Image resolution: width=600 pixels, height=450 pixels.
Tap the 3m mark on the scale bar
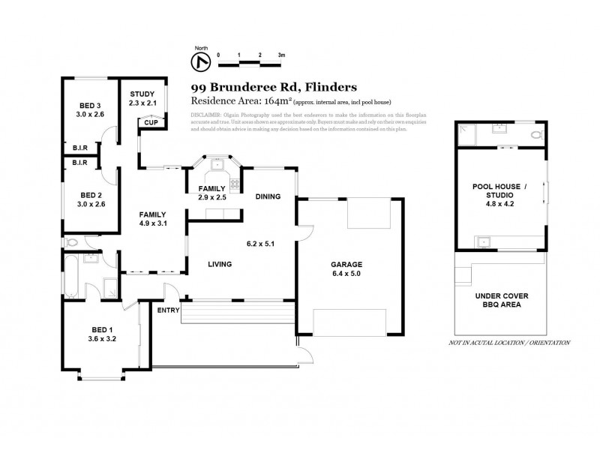[281, 55]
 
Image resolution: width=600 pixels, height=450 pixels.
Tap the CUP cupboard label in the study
[150, 122]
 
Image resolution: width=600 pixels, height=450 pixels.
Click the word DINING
[268, 197]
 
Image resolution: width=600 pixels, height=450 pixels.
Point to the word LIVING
[220, 264]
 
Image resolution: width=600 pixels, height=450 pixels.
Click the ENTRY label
[166, 310]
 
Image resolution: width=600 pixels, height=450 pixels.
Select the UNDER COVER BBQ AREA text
[499, 301]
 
